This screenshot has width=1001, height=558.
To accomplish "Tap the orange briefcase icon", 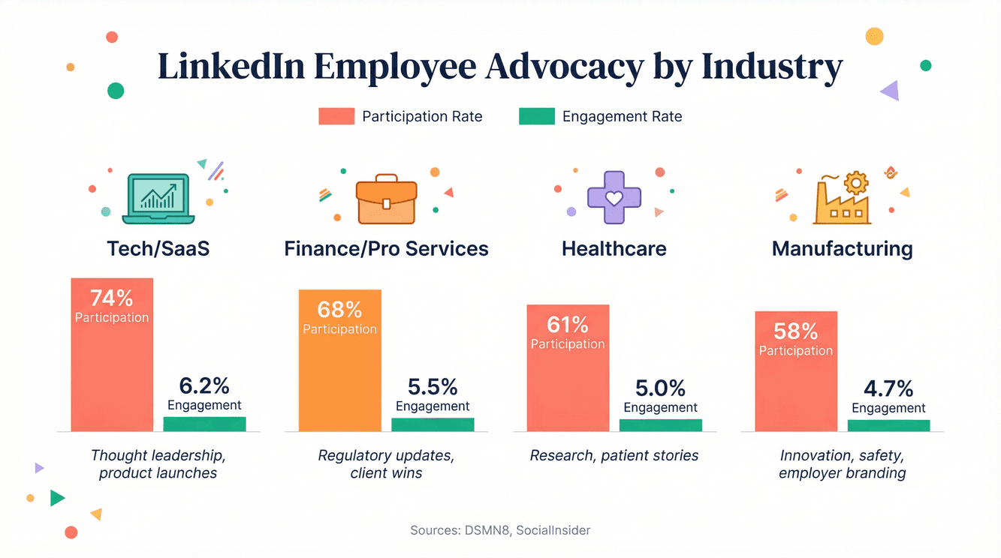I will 386,199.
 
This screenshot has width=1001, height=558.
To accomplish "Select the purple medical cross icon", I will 614,198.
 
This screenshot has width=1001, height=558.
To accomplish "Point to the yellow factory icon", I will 842,199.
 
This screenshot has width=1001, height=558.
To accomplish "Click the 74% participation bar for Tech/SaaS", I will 112,375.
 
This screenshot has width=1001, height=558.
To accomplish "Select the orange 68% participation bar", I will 339,382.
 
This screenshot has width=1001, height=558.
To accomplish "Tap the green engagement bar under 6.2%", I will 204,424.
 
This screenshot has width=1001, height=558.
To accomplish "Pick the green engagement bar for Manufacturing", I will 888,425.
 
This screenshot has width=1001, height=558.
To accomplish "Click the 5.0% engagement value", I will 660,388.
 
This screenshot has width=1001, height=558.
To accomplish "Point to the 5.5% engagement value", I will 433,386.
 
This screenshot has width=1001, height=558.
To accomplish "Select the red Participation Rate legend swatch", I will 336,116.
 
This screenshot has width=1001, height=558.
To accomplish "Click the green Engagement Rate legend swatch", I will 536,116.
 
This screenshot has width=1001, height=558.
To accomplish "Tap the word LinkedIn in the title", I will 231,67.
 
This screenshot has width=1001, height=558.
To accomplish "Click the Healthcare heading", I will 614,249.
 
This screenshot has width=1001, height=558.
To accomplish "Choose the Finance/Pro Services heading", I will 386,249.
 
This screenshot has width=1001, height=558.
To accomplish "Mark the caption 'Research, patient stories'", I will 614,455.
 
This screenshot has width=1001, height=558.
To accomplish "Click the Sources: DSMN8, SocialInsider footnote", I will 500,530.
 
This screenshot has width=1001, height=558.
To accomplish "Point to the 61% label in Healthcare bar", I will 568,325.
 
